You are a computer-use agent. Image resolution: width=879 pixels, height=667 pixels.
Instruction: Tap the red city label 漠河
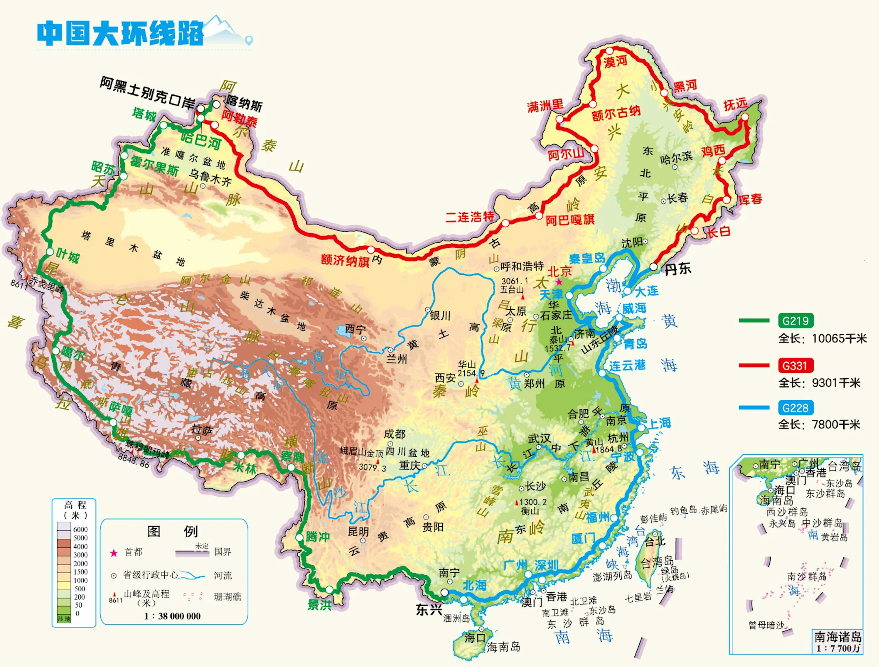pos(615,62)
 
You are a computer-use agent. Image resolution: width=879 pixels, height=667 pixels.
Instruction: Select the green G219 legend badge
pos(795,321)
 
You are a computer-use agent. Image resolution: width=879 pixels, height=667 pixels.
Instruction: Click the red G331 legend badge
pos(795,366)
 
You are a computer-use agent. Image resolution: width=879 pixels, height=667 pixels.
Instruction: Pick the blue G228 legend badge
pos(795,408)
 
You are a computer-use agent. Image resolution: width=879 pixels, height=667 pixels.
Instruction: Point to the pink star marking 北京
pos(559,282)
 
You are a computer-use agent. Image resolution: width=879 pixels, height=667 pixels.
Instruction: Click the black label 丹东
pos(677,269)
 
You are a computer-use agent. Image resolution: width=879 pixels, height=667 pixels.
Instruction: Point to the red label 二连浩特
pos(470,217)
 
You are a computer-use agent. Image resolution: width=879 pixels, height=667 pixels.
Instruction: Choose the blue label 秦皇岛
pos(587,258)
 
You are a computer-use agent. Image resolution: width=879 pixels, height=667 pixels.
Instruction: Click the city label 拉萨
pos(202,430)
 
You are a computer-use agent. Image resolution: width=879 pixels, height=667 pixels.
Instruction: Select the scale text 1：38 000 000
pos(172,616)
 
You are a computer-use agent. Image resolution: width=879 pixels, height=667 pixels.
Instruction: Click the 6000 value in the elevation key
pos(80,529)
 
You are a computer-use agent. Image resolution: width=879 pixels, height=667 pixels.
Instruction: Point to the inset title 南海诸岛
pos(837,637)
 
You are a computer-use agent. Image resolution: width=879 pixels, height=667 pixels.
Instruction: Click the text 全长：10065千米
pos(822,338)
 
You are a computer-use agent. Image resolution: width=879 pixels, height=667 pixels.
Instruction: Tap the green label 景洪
pos(319,605)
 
